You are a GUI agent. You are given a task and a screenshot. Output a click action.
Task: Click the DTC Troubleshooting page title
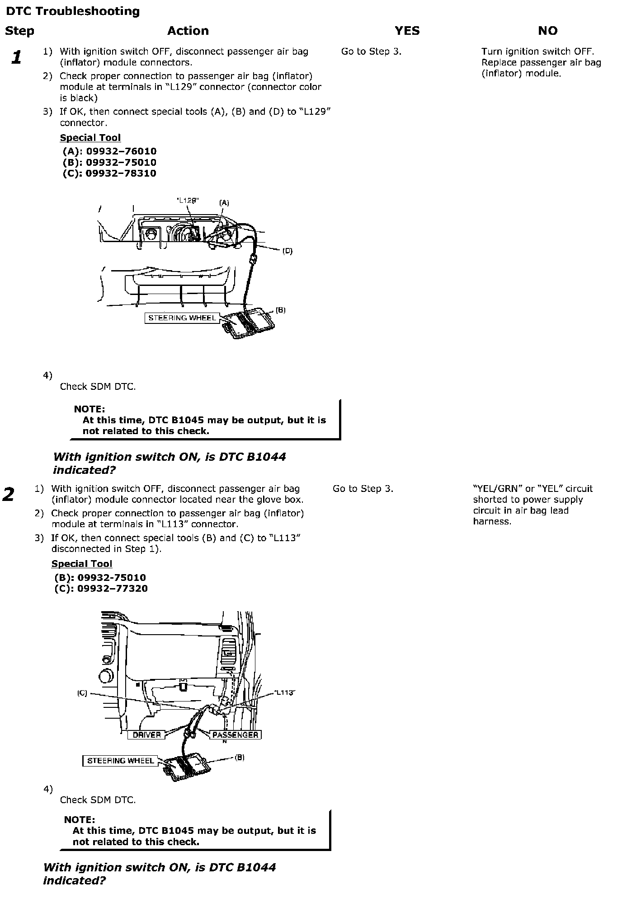point(73,11)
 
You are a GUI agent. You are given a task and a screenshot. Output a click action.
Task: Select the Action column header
point(188,31)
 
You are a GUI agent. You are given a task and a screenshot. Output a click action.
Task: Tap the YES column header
point(407,31)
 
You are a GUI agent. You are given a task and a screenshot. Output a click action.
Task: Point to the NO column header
point(547,31)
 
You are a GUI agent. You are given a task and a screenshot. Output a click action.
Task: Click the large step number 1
point(17,57)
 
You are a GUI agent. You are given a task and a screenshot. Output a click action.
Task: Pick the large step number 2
point(9,494)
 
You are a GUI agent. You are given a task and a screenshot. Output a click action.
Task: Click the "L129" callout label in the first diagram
point(187,201)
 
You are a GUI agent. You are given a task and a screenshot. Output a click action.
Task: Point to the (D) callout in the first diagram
point(287,251)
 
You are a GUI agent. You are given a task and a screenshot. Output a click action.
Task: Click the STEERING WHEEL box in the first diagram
point(182,318)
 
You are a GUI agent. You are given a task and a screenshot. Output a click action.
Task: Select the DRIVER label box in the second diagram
point(147,735)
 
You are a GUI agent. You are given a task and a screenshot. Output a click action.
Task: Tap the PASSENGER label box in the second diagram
point(235,735)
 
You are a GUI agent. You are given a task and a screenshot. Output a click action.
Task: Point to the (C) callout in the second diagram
point(82,693)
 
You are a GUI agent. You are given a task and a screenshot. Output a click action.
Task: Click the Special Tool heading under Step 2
point(82,564)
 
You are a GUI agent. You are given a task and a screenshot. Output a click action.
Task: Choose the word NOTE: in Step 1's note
point(90,409)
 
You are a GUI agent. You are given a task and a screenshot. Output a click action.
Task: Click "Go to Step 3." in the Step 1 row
point(371,51)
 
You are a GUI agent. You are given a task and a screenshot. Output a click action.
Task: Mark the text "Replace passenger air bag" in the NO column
point(541,63)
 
